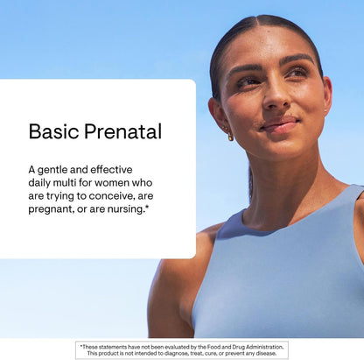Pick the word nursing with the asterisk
pos(128,211)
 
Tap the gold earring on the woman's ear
pos(231,136)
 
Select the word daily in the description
pos(45,184)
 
